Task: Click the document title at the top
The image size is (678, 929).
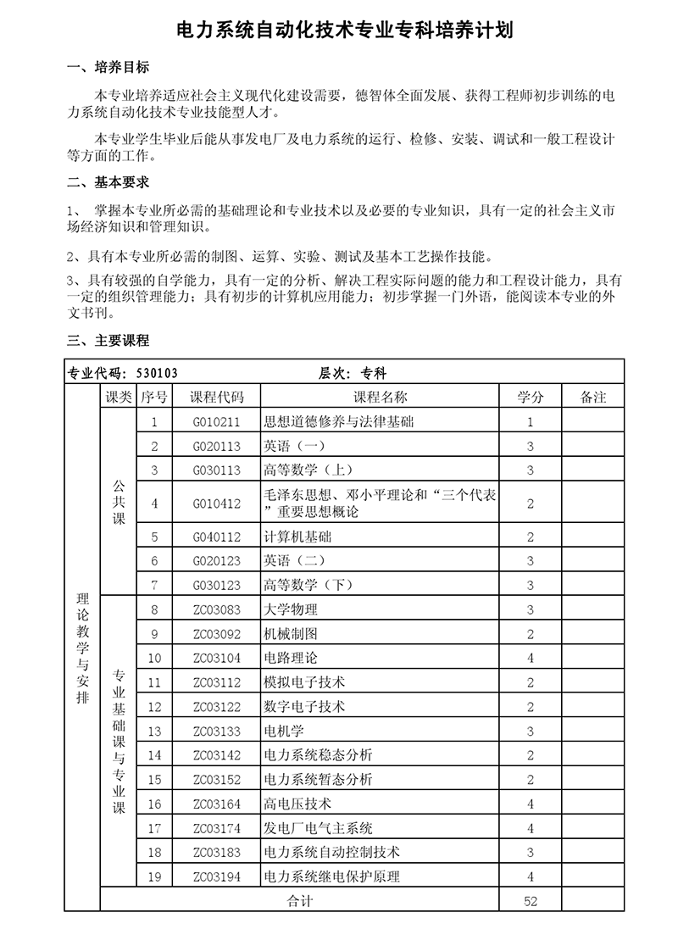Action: pos(339,31)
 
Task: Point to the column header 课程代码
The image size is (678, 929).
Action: pos(217,397)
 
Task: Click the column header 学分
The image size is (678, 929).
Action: pos(531,397)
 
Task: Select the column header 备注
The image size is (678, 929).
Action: pos(593,397)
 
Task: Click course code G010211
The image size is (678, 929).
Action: pos(217,421)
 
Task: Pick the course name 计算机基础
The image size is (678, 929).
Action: pos(297,537)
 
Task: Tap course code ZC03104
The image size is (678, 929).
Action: pos(217,658)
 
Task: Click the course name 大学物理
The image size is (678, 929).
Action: pos(291,609)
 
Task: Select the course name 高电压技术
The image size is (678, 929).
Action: pos(297,804)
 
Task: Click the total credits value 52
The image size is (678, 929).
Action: pos(531,901)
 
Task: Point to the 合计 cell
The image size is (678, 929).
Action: pos(300,901)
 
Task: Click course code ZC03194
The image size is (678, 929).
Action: pos(217,876)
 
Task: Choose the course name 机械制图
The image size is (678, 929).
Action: pos(291,633)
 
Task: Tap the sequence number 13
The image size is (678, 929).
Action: pos(154,731)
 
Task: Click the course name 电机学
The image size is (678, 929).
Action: pos(284,731)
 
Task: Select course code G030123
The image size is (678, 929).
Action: pos(217,585)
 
